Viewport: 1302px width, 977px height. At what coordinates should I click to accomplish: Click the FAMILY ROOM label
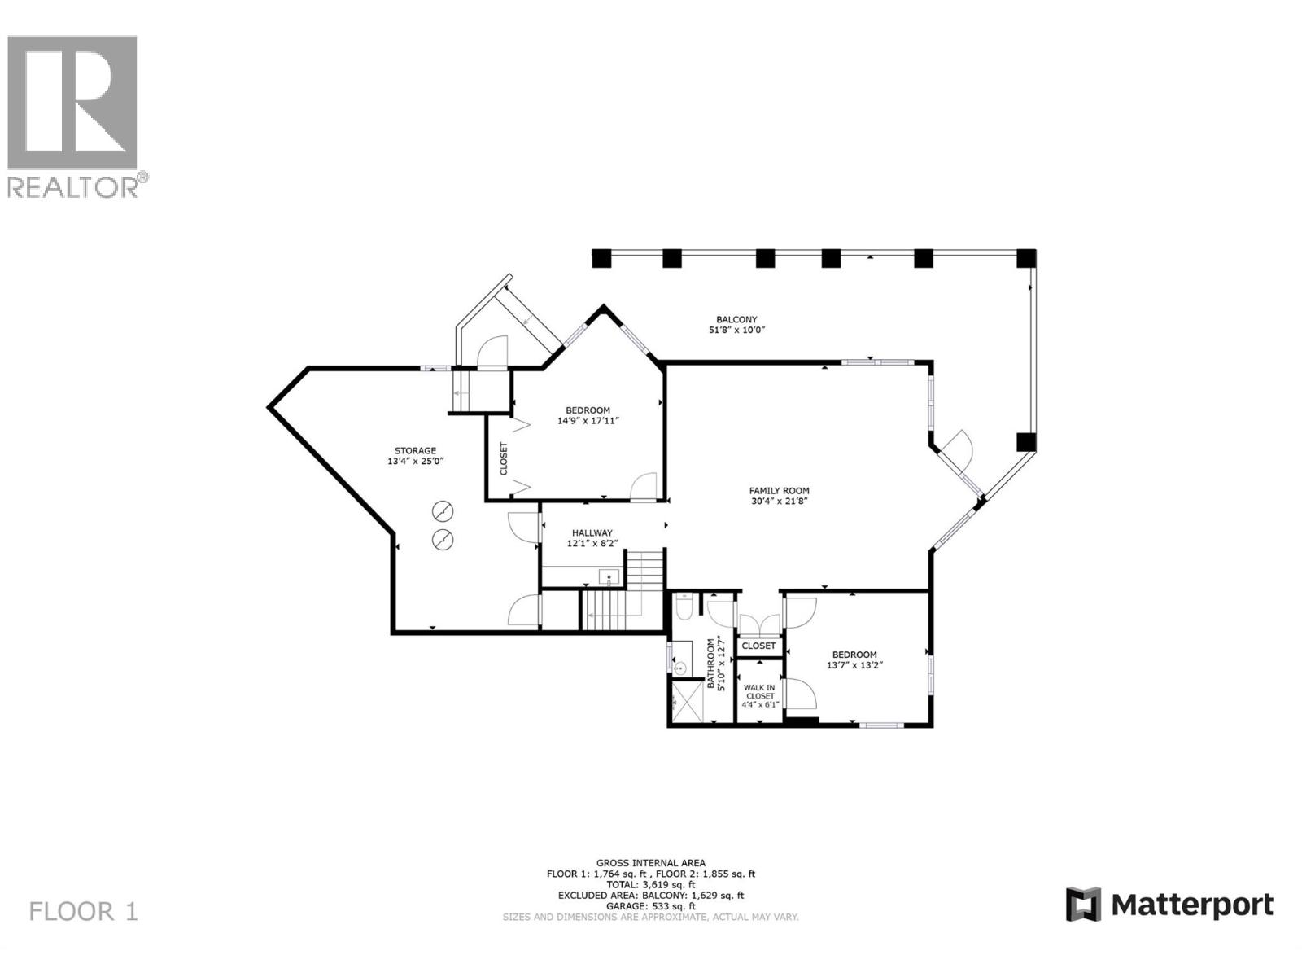pyautogui.click(x=779, y=491)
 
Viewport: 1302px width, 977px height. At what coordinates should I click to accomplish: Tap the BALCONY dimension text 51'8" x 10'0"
pyautogui.click(x=736, y=331)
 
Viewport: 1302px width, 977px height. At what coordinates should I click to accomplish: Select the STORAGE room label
pyautogui.click(x=415, y=450)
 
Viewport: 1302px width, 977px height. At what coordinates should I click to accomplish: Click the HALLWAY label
pyautogui.click(x=592, y=532)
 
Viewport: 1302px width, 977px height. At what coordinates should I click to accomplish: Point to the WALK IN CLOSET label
pyautogui.click(x=759, y=691)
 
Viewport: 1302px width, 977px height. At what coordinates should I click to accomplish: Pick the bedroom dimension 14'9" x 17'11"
pyautogui.click(x=588, y=421)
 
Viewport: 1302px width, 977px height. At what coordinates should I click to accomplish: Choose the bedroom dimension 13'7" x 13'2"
pyautogui.click(x=854, y=665)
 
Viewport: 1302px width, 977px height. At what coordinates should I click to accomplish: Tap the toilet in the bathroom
pyautogui.click(x=683, y=607)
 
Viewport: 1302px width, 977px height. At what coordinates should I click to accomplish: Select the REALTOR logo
pyautogui.click(x=73, y=114)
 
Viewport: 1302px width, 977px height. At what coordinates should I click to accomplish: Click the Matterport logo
pyautogui.click(x=1169, y=905)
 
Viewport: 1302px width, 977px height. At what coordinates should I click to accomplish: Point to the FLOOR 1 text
pyautogui.click(x=84, y=911)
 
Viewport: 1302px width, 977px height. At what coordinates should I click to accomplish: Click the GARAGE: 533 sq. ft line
pyautogui.click(x=650, y=906)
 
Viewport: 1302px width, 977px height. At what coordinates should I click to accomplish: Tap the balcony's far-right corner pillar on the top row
pyautogui.click(x=1027, y=259)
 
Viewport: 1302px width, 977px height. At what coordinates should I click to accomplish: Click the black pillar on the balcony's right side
pyautogui.click(x=1026, y=442)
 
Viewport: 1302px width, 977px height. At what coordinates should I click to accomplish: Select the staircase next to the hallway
pyautogui.click(x=624, y=592)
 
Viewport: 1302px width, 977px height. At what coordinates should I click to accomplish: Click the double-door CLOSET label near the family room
pyautogui.click(x=759, y=646)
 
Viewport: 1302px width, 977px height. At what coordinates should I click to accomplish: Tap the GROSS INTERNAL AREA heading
pyautogui.click(x=650, y=863)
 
